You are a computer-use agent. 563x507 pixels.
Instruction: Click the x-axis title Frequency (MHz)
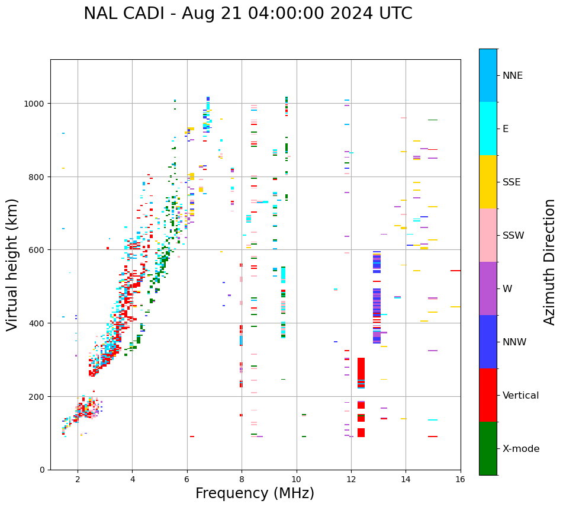(255, 493)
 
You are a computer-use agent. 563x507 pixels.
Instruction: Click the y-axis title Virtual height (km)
(12, 264)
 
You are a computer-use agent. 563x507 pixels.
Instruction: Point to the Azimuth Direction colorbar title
(550, 262)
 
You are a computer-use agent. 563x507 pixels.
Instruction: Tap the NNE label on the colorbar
(513, 76)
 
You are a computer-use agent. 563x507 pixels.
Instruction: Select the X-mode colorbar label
(521, 449)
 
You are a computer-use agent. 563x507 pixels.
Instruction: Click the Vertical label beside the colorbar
(521, 396)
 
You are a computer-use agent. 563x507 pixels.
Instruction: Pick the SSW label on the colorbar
(513, 236)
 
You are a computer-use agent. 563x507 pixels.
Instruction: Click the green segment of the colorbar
(488, 448)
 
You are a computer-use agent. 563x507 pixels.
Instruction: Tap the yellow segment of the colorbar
(488, 182)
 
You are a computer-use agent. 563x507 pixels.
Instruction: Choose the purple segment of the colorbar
(488, 288)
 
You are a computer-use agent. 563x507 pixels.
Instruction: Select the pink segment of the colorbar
(488, 235)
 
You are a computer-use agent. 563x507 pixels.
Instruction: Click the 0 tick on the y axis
(43, 470)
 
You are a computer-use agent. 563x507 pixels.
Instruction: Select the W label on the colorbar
(507, 289)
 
